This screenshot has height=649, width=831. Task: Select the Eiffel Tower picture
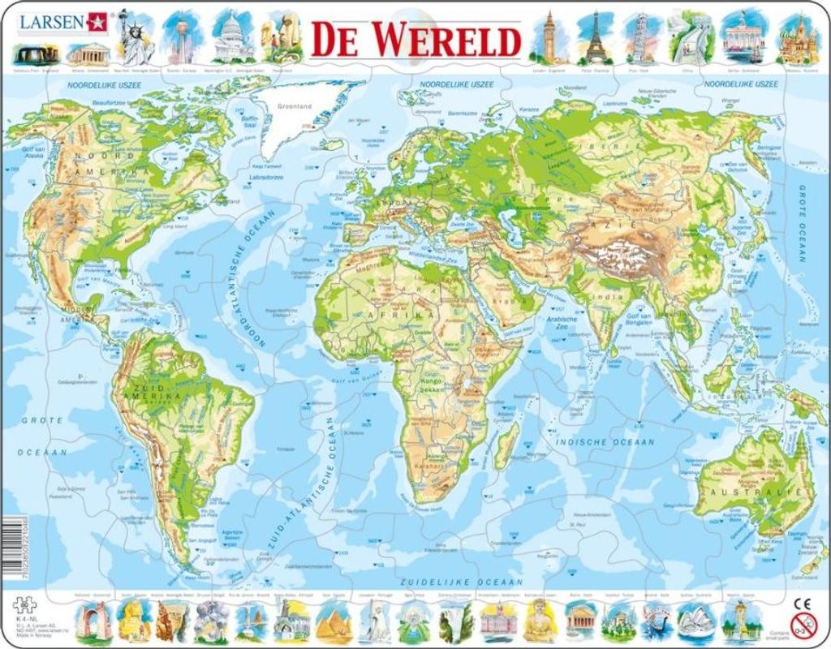[x=596, y=37]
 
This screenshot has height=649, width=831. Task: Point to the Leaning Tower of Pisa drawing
[x=641, y=37]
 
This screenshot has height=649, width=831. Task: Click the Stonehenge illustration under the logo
[x=36, y=54]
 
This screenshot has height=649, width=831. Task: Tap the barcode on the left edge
[x=6, y=540]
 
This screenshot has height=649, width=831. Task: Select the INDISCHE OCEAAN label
[x=605, y=441]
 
